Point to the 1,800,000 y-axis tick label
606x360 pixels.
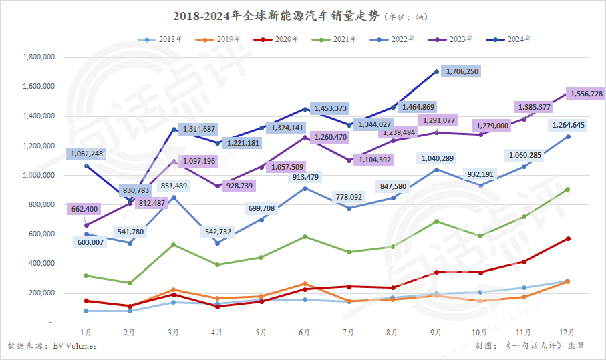click(x=38, y=57)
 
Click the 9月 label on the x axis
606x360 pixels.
click(x=436, y=332)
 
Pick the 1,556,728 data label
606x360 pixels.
click(x=585, y=94)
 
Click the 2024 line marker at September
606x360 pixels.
click(x=436, y=71)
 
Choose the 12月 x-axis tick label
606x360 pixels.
click(x=567, y=332)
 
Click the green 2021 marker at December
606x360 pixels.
click(x=567, y=190)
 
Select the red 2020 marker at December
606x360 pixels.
click(x=567, y=238)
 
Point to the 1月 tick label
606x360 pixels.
click(x=86, y=332)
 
